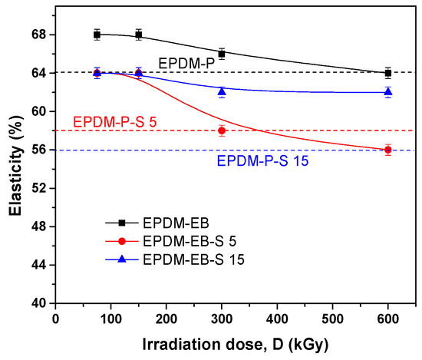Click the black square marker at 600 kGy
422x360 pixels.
tap(388, 73)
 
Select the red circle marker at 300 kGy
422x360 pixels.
tap(222, 130)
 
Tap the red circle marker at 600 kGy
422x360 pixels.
tap(388, 150)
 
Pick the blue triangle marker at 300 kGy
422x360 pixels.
tap(222, 91)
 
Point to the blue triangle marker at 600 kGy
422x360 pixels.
tap(388, 91)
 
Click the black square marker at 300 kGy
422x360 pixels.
tap(222, 54)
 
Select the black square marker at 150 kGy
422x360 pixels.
tap(138, 35)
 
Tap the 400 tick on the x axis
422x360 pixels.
tap(277, 317)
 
